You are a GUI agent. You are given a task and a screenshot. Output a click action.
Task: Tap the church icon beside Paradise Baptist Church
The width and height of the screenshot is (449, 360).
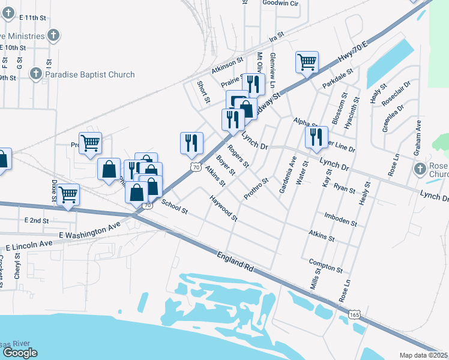click(35, 74)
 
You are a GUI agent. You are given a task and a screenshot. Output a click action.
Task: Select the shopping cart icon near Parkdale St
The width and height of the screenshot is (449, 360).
click(307, 62)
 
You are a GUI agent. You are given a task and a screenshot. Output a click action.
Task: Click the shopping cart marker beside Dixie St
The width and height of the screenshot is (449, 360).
click(68, 194)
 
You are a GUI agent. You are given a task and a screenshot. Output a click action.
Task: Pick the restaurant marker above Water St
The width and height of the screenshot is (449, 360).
click(316, 137)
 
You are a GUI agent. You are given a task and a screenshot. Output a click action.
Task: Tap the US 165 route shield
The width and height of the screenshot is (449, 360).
click(355, 314)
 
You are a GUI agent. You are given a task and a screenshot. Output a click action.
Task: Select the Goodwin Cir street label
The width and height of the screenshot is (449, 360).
click(280, 3)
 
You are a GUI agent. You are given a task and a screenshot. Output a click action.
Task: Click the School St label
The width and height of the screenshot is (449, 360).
click(175, 208)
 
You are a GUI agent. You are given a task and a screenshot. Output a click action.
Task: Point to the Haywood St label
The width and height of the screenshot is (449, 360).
click(223, 207)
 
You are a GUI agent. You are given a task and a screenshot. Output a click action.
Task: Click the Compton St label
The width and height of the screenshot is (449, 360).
click(325, 266)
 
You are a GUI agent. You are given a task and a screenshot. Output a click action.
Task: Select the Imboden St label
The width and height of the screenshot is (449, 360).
click(340, 219)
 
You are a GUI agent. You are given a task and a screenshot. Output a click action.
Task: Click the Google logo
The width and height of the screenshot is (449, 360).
click(20, 353)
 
